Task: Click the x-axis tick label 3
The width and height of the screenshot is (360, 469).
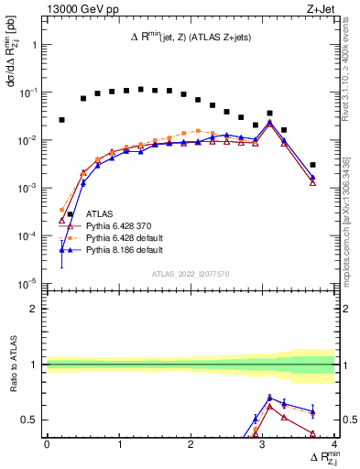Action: [x=263, y=444]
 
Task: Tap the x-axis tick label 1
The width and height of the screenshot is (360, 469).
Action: [x=119, y=444]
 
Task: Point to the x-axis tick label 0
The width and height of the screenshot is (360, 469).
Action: [x=47, y=444]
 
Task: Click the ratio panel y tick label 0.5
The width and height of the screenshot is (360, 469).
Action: [x=29, y=420]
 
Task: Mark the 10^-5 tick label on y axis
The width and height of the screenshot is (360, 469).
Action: [x=27, y=283]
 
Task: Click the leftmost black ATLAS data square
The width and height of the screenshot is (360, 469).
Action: [x=61, y=120]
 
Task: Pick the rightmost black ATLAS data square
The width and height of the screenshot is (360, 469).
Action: [x=312, y=165]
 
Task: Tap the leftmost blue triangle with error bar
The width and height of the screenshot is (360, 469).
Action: [x=61, y=250]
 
